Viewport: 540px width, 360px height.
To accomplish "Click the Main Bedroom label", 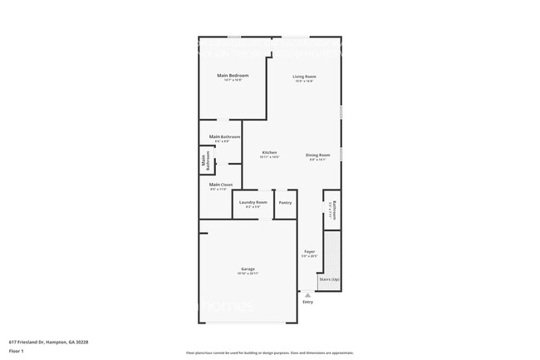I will click(233, 76).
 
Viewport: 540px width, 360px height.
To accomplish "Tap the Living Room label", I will click(304, 76).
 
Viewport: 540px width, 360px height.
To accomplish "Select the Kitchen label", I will click(269, 152).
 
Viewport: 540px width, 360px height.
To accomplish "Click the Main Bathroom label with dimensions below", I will click(224, 136).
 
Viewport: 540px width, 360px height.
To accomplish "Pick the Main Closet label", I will click(220, 185).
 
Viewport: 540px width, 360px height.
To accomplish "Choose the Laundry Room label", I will click(253, 202).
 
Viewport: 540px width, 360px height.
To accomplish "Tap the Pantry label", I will click(285, 202).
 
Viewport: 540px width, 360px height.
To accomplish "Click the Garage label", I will click(248, 269).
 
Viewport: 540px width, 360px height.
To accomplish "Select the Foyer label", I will click(309, 251).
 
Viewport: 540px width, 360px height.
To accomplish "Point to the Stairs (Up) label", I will click(329, 279).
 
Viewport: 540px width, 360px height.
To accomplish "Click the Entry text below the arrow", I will click(308, 303).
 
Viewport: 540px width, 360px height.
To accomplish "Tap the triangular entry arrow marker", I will click(308, 294).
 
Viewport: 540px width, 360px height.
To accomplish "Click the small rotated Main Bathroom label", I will click(204, 161).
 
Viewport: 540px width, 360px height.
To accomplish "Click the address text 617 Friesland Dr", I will click(40, 341).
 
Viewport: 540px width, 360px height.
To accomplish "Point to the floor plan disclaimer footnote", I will click(269, 353).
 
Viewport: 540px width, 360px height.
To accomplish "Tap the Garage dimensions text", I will click(248, 274).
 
